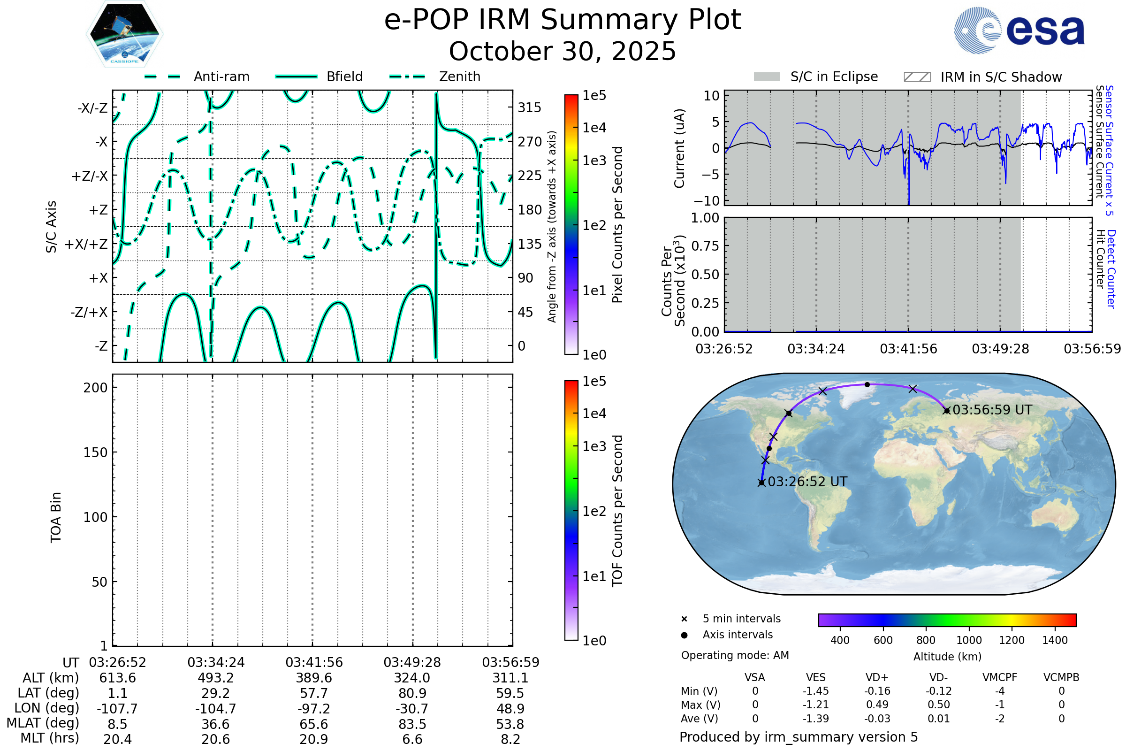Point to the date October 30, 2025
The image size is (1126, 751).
pyautogui.click(x=563, y=52)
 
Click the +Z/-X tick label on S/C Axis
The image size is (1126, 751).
pyautogui.click(x=90, y=176)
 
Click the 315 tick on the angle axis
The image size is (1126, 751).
pyautogui.click(x=529, y=107)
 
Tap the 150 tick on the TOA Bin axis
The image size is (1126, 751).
pyautogui.click(x=95, y=452)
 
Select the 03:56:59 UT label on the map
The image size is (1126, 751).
pyautogui.click(x=992, y=410)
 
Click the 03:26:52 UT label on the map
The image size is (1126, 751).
pyautogui.click(x=807, y=482)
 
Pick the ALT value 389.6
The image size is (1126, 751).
pyautogui.click(x=313, y=678)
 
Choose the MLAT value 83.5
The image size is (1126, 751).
pyautogui.click(x=412, y=724)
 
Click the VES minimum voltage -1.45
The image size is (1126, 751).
pyautogui.click(x=815, y=691)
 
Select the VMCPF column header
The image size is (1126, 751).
pyautogui.click(x=1000, y=677)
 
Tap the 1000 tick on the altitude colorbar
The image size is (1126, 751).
pyautogui.click(x=968, y=640)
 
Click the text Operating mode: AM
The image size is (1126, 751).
pyautogui.click(x=735, y=655)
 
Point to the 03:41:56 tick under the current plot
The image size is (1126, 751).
pyautogui.click(x=908, y=349)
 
